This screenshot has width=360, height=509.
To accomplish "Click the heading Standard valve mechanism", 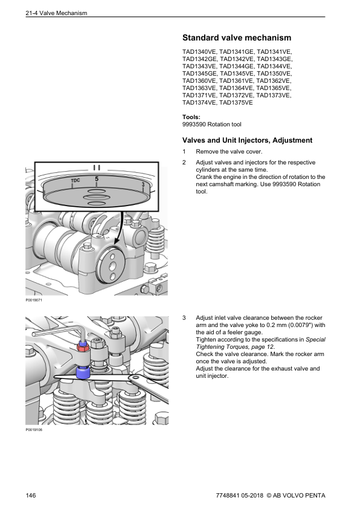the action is tap(237, 37).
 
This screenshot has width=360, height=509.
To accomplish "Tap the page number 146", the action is tap(31, 495).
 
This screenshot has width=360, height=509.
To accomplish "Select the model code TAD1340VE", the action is tap(199, 51).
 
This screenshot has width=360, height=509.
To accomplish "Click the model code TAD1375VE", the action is tap(236, 103).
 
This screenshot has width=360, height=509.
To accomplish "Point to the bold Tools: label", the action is tap(191, 117).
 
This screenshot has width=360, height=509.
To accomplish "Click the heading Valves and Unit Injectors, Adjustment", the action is tap(247, 140).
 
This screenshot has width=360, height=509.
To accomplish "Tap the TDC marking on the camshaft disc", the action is tap(76, 180).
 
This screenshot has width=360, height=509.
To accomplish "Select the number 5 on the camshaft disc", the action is tap(97, 179).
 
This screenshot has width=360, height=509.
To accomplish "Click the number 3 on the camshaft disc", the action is tap(143, 184).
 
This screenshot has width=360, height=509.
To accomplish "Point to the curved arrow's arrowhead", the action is tap(116, 241).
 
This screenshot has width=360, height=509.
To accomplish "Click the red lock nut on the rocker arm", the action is tap(83, 348).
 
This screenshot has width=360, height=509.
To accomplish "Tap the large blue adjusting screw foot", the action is tap(83, 372).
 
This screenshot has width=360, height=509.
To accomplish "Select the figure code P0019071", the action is tap(34, 300).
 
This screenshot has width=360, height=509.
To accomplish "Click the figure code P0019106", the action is tap(34, 430).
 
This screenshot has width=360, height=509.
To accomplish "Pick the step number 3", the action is tap(184, 318).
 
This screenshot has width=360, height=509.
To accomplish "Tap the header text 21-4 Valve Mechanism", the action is tap(56, 13).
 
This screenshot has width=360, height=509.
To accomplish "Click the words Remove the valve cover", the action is tap(229, 152).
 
